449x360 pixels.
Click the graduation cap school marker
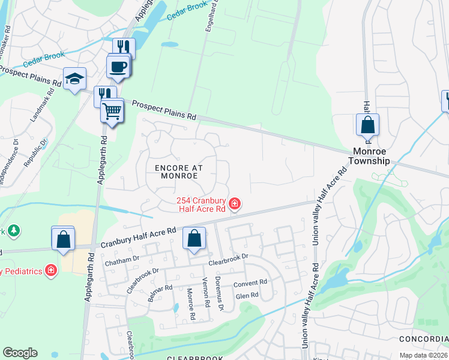coord(75,79)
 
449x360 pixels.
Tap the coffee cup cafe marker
coord(118,66)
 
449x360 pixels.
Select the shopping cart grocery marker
coord(112,110)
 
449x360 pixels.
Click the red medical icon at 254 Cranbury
coord(235,205)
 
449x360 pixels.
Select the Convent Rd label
coord(252,283)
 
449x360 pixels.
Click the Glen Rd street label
coord(247,295)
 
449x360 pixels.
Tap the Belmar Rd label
coord(160,294)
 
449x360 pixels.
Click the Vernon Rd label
coord(205,295)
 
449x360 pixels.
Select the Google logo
coord(20,352)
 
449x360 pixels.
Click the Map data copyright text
coord(424,355)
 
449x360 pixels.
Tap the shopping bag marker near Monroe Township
coord(367,126)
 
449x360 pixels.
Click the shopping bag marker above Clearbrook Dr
coord(194,239)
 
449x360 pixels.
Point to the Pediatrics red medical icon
coord(51,270)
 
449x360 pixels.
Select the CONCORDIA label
coord(427,339)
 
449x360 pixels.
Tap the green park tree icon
coord(14,230)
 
